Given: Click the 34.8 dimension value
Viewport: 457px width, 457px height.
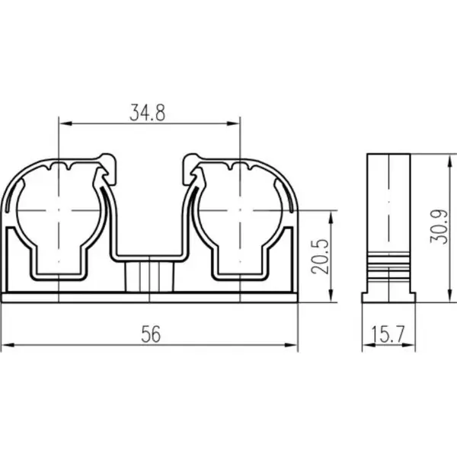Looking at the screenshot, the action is tap(148, 113).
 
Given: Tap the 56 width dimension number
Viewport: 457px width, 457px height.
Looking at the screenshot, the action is tap(151, 334).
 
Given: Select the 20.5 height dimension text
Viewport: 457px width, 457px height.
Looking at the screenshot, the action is tap(321, 257).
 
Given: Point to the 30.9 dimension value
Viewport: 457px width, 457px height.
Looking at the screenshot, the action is tap(439, 226).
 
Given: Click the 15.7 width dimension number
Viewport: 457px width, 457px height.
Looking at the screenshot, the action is tap(388, 334).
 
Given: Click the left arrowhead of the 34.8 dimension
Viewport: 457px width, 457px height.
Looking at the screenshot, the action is tap(66, 123).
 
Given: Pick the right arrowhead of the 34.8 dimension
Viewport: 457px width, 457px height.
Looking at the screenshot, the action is tap(233, 123).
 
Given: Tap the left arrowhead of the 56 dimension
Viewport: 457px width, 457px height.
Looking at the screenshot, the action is tap(8, 345).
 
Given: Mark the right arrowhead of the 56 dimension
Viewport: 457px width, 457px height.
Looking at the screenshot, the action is tap(291, 345).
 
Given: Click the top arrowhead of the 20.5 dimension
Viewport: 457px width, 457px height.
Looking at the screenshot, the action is tap(331, 217).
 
